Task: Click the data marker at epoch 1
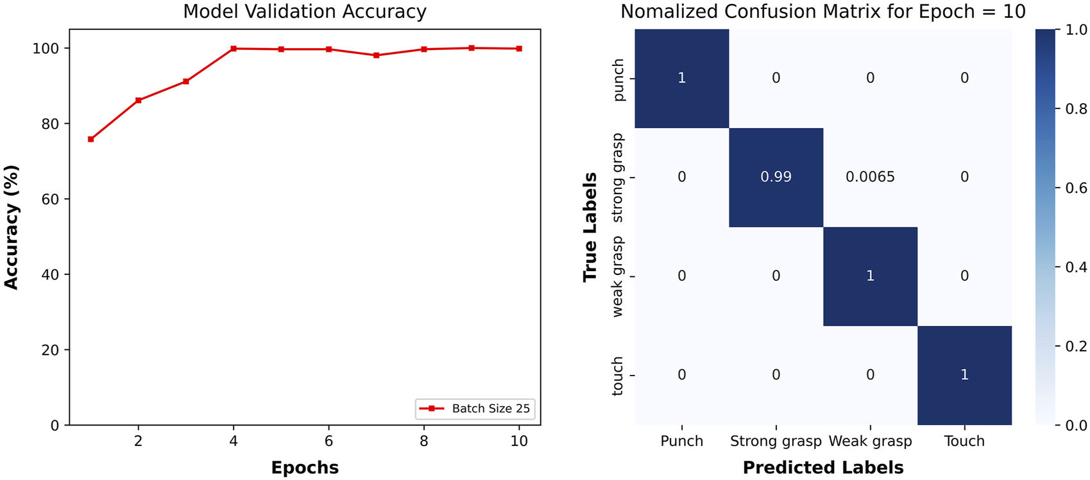click(91, 139)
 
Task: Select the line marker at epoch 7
click(376, 56)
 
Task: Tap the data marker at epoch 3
click(186, 81)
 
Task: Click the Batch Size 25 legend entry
click(475, 409)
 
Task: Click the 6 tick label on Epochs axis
click(328, 441)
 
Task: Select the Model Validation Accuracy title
click(305, 12)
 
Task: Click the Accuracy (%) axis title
click(12, 227)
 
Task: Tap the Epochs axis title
click(305, 468)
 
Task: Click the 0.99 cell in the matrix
click(776, 178)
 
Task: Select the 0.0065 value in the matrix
click(870, 178)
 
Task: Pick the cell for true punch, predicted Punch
click(682, 78)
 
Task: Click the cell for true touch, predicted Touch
click(964, 375)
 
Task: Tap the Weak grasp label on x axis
click(870, 442)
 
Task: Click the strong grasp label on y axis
click(618, 178)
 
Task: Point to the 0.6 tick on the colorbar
click(1075, 188)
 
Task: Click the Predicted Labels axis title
click(823, 468)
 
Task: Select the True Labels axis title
click(590, 227)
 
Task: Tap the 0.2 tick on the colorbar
click(1075, 346)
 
